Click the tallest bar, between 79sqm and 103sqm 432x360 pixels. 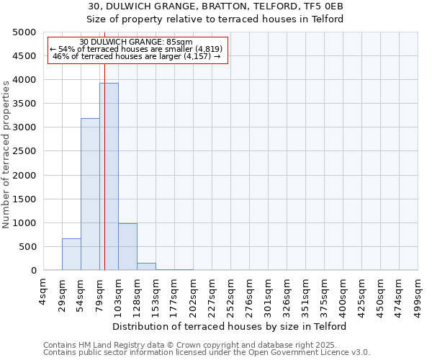tap(109, 176)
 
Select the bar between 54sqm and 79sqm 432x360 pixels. tap(90, 194)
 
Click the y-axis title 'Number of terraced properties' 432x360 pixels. tap(6, 155)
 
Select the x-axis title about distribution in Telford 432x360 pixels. tap(230, 326)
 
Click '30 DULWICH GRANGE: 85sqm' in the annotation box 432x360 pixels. tap(136, 42)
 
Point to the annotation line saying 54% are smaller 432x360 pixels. tap(136, 49)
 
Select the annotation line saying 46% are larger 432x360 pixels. tap(136, 56)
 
